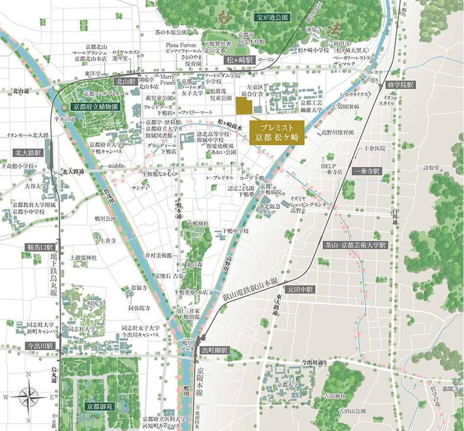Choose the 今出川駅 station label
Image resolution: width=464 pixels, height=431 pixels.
(41, 346)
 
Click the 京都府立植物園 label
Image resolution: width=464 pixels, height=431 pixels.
(95, 106)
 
